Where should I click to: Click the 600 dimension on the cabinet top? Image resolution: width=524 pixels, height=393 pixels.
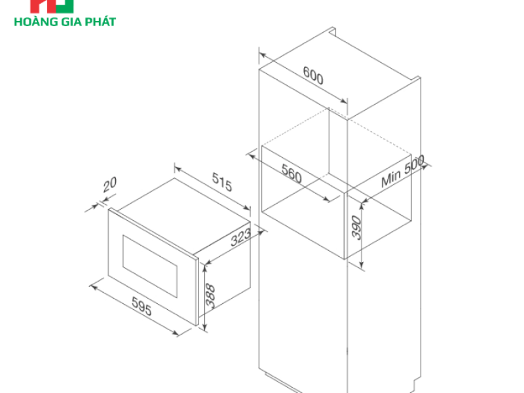(x=313, y=75)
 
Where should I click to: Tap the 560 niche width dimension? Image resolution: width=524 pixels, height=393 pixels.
(x=291, y=174)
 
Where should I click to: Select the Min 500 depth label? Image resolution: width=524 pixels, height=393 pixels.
(x=403, y=171)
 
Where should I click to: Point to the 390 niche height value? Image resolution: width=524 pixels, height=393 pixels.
(x=356, y=228)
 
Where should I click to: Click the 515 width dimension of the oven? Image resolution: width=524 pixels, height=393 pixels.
(x=222, y=182)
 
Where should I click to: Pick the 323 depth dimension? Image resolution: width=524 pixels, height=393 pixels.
(x=240, y=237)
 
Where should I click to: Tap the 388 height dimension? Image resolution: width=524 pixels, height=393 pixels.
(x=210, y=295)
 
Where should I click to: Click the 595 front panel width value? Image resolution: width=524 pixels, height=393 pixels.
(x=141, y=306)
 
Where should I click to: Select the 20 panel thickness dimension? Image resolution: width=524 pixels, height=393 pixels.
(x=109, y=184)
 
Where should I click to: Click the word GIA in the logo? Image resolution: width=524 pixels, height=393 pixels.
(x=71, y=22)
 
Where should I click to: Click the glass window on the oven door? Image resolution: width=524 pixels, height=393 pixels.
(x=150, y=267)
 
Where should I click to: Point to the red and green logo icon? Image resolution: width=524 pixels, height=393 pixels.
(x=52, y=6)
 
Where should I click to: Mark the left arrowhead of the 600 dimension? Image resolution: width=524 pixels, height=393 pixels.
(x=263, y=55)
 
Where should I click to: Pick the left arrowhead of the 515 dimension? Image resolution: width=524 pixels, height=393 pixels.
(x=178, y=169)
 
